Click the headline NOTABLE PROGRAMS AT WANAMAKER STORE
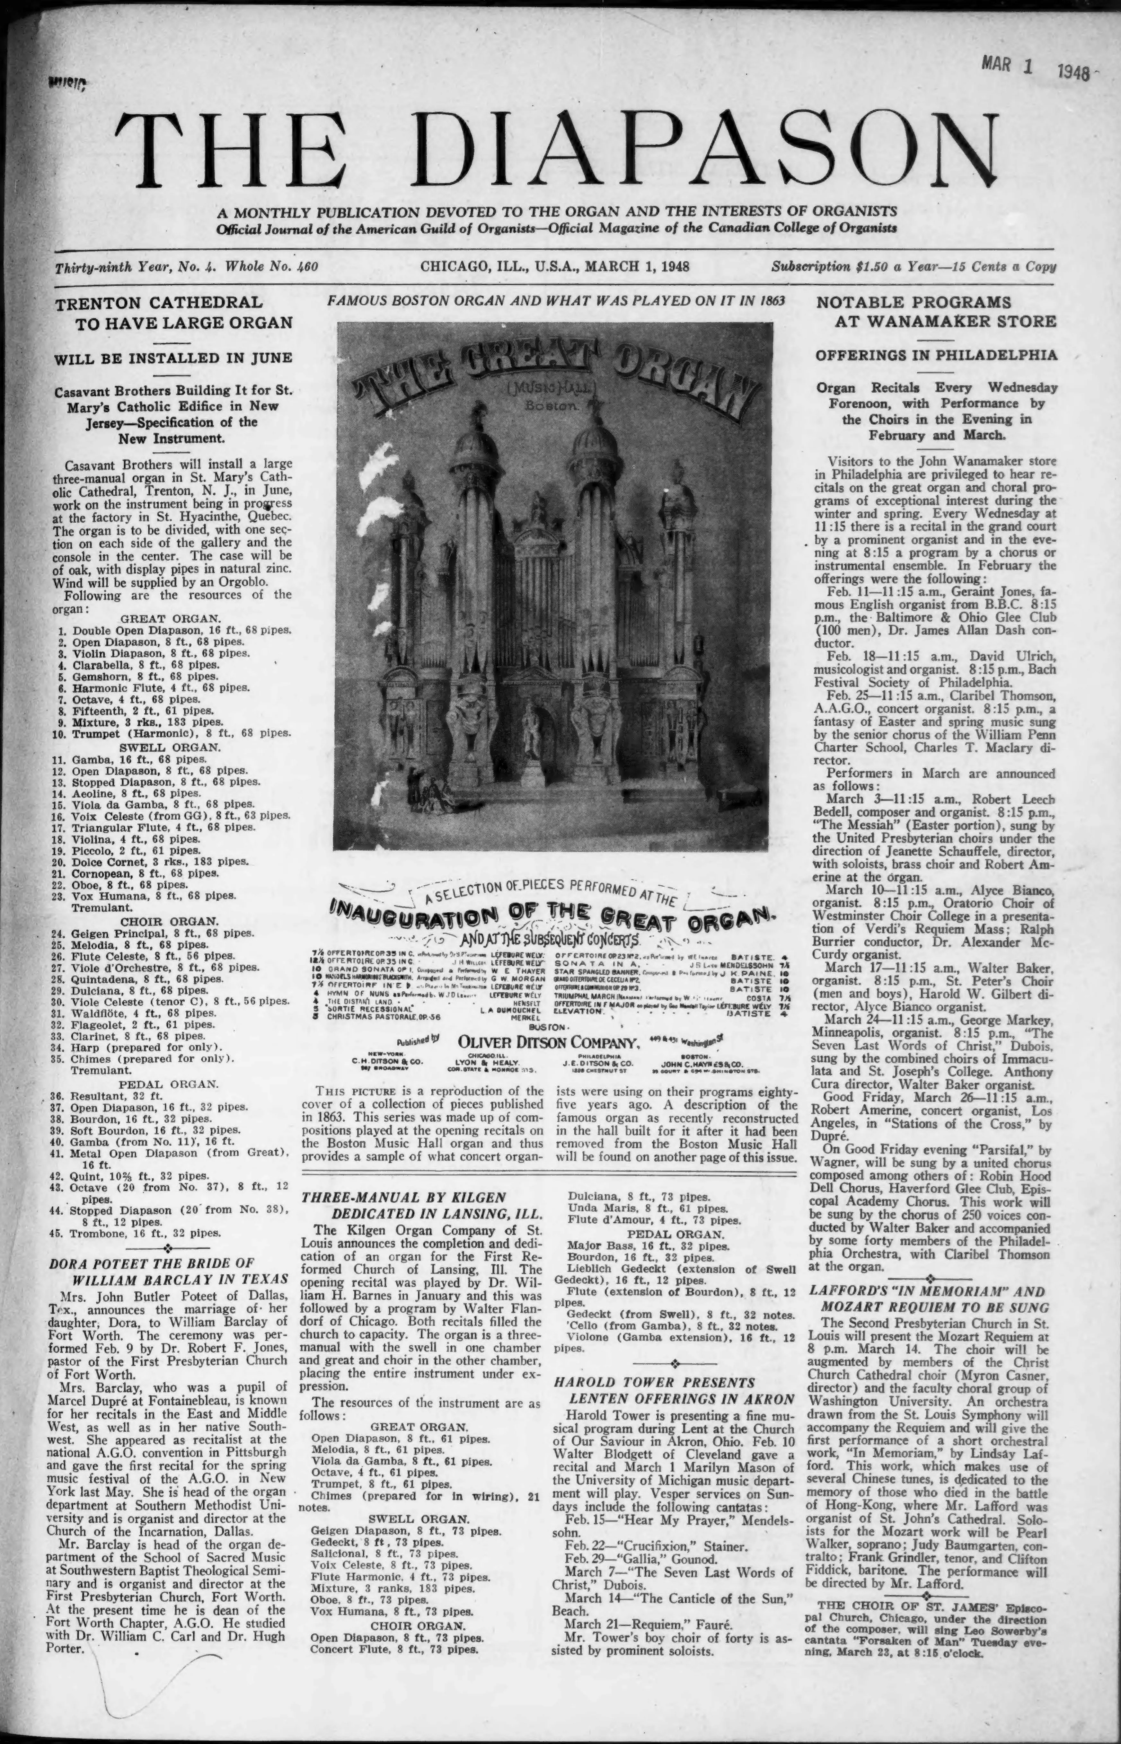pyautogui.click(x=936, y=312)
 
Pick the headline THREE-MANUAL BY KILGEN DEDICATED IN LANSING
pyautogui.click(x=422, y=1205)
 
